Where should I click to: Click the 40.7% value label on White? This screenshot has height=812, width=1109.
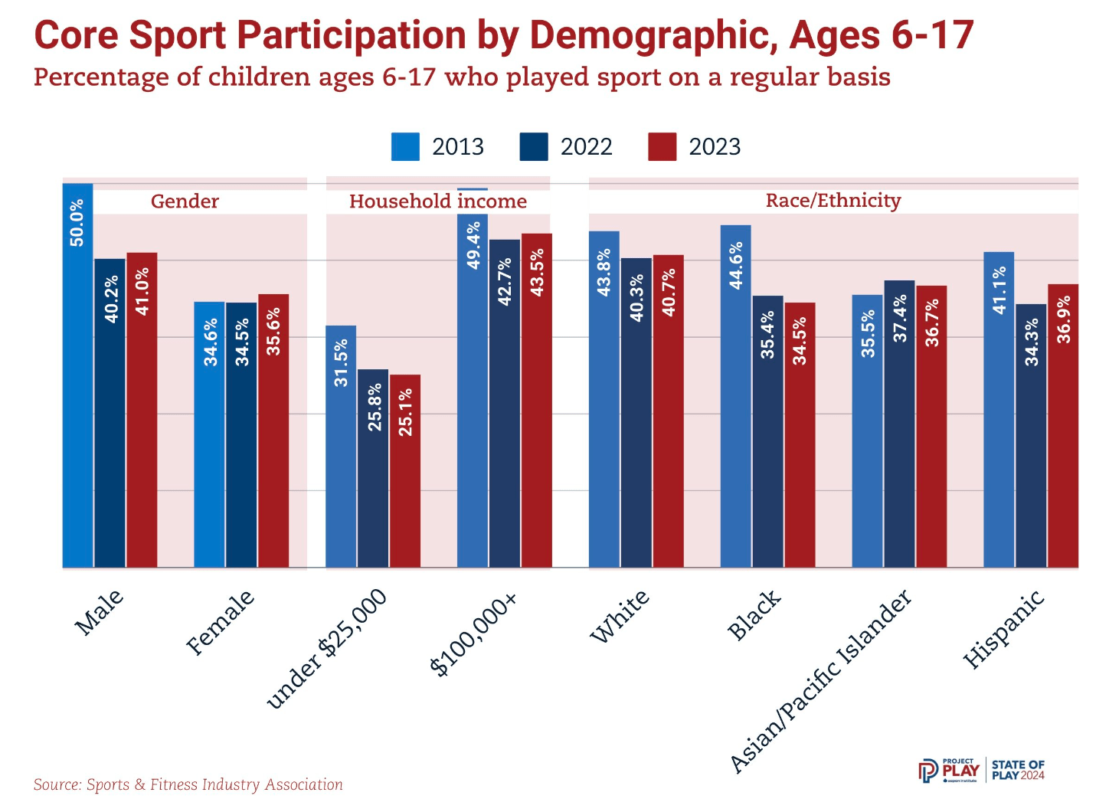669,292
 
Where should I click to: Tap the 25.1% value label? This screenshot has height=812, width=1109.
406,412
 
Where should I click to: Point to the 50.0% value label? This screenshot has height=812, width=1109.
77,223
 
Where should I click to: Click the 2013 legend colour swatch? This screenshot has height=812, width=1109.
405,147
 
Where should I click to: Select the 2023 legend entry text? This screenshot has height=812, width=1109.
715,147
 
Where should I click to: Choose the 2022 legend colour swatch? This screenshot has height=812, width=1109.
534,147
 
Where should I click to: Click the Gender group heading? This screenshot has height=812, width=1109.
185,201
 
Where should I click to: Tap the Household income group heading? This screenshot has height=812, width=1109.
438,201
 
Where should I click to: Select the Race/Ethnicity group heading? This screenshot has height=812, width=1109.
833,201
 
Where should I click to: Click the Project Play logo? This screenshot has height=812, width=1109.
948,770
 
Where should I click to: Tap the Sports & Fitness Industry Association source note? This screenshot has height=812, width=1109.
188,784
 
